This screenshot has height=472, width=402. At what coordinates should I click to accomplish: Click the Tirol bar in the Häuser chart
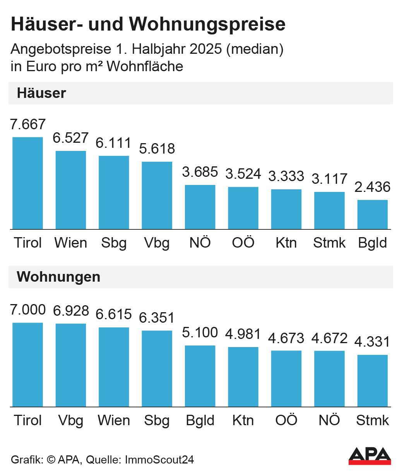point(28,183)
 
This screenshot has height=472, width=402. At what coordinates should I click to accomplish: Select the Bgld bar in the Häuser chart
point(372,214)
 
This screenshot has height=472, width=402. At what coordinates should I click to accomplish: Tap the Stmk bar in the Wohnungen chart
point(372,381)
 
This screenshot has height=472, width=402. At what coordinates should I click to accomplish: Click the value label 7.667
point(28,125)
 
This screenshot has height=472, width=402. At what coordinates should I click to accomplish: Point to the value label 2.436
point(372,187)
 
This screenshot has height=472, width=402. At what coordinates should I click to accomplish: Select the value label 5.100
point(200,332)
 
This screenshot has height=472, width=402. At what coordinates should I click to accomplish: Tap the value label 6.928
point(71,311)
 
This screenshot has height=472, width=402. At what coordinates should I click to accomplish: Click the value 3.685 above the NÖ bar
point(200,172)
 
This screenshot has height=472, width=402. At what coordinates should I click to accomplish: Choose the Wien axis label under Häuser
point(71,243)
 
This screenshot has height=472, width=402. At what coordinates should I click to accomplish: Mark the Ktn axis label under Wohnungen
point(243,420)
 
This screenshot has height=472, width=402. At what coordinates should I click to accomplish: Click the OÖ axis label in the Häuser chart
point(243,243)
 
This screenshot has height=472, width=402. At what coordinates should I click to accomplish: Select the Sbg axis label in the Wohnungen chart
point(157,421)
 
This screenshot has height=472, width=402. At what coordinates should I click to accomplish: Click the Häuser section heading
point(41,93)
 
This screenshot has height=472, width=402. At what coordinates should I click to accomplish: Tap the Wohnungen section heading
point(58,277)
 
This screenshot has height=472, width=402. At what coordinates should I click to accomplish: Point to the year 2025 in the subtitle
point(204,50)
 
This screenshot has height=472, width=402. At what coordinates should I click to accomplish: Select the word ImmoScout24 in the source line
point(159,460)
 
